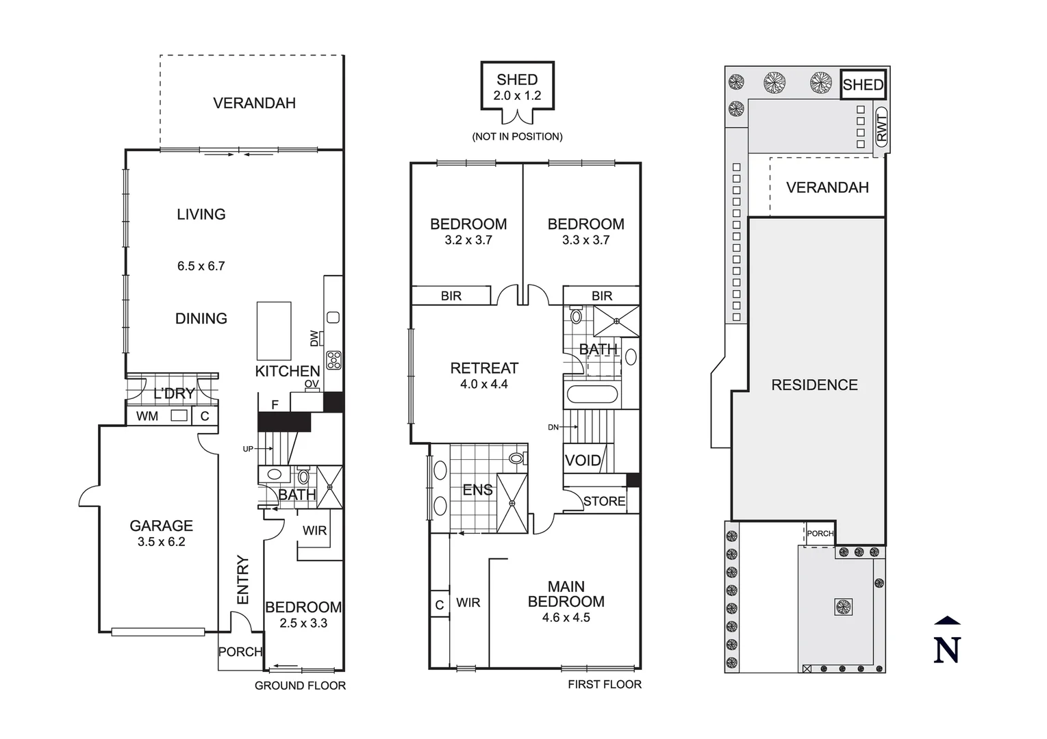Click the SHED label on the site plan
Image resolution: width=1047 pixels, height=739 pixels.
[x=863, y=85]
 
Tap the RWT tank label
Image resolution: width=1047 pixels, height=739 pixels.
[x=881, y=128]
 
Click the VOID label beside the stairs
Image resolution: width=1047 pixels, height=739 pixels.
[x=583, y=461]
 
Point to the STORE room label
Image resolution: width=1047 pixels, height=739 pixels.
[x=604, y=501]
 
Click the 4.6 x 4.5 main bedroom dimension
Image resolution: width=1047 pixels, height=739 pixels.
[x=566, y=617]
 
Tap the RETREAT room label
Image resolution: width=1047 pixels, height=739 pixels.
[x=484, y=368]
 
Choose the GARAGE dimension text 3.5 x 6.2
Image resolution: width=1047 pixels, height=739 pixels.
[x=161, y=541]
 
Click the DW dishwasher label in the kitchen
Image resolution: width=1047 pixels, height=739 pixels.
[x=314, y=338]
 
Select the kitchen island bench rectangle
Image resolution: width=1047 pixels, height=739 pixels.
[x=273, y=330]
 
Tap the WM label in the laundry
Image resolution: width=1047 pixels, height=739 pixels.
[x=147, y=416]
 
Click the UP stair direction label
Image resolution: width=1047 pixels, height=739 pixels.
[x=248, y=449]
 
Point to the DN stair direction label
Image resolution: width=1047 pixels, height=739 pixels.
[x=553, y=427]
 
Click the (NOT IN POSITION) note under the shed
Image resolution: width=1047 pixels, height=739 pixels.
[x=517, y=136]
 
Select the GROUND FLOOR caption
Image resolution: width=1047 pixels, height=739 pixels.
[x=300, y=686]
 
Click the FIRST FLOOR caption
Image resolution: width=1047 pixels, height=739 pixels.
[x=604, y=684]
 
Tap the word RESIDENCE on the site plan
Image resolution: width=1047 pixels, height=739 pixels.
[x=814, y=385]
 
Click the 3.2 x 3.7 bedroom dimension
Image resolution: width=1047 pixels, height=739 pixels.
[x=468, y=240]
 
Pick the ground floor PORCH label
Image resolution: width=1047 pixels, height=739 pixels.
[x=240, y=652]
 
